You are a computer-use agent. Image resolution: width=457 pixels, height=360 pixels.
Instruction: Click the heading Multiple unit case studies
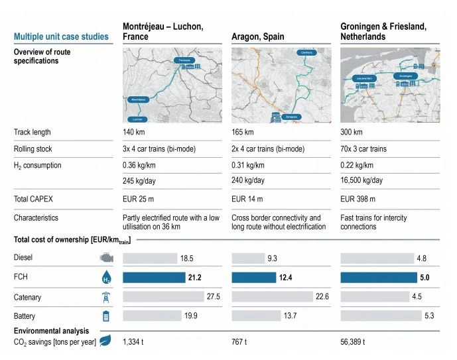click(61, 36)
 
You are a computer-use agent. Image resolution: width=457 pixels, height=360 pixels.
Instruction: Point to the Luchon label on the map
click(137, 119)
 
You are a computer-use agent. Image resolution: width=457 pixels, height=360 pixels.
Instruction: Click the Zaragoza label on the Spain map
click(290, 117)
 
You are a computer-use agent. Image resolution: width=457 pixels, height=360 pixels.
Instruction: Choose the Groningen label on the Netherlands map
click(406, 76)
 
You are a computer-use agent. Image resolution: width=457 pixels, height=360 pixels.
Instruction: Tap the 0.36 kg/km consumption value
click(138, 165)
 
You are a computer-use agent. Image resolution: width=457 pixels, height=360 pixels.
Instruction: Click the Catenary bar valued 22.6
click(272, 297)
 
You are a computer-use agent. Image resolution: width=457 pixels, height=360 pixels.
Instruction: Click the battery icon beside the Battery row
click(105, 316)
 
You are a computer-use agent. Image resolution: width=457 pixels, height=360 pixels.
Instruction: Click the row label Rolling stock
click(33, 149)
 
